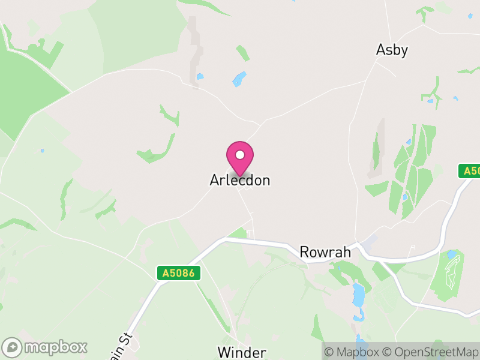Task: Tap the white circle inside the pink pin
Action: click(240, 155)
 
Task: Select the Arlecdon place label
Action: click(240, 180)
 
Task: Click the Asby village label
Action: click(392, 50)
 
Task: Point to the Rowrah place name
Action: click(325, 252)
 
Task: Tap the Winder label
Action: click(242, 352)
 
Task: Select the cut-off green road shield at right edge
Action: click(470, 172)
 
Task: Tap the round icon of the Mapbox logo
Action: click(13, 347)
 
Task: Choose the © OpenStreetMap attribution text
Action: click(431, 352)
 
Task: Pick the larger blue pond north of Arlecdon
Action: click(239, 79)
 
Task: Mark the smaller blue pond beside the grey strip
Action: click(200, 77)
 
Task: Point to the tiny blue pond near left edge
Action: click(42, 151)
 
